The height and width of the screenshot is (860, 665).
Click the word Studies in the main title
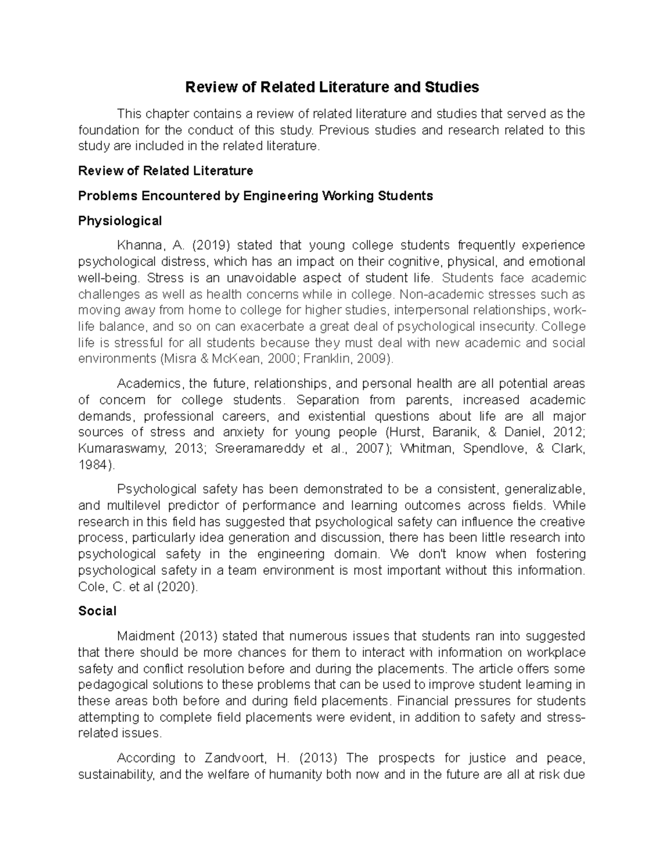pyautogui.click(x=452, y=87)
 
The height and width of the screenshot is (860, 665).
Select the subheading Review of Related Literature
pyautogui.click(x=166, y=171)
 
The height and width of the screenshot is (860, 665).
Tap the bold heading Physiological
pyautogui.click(x=120, y=221)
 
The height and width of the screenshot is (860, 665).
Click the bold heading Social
pyautogui.click(x=98, y=611)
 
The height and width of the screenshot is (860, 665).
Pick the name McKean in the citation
pyautogui.click(x=236, y=358)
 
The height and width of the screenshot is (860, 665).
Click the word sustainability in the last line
pyautogui.click(x=115, y=774)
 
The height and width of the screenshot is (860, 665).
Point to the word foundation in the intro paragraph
pyautogui.click(x=109, y=130)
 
